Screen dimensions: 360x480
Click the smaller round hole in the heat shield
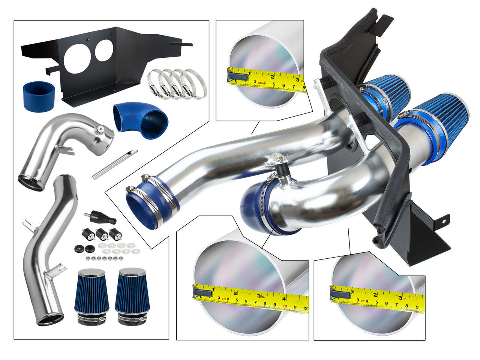point(104,50)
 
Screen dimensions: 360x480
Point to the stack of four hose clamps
point(176,82)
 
